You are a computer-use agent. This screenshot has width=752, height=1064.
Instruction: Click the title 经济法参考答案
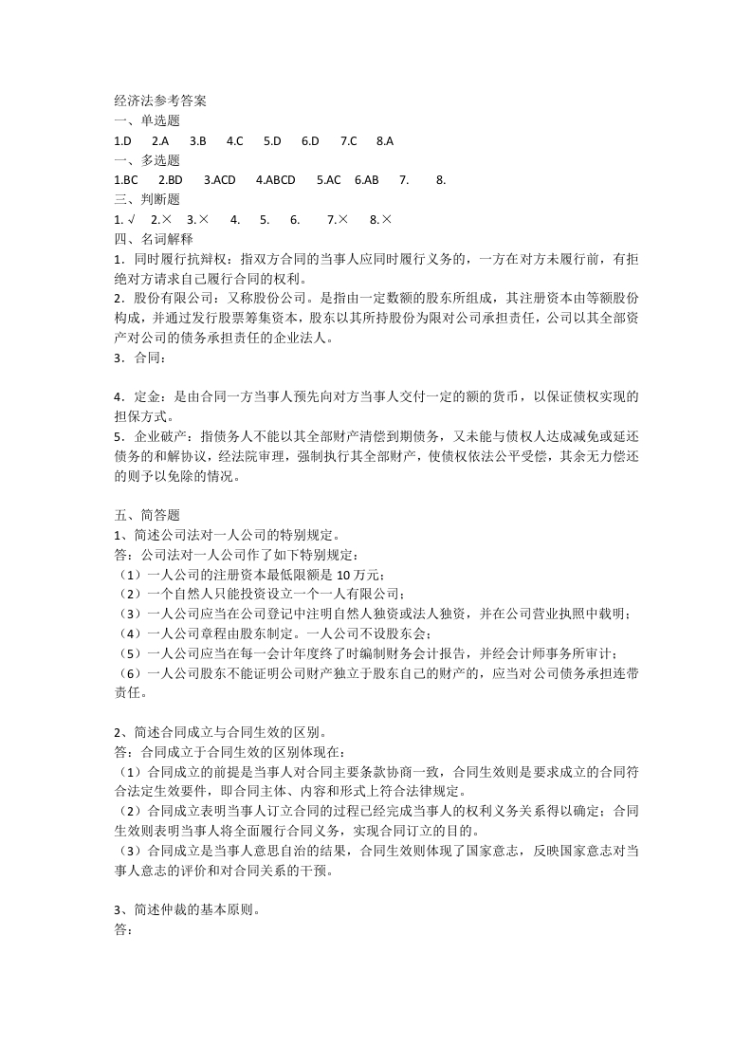coord(159,101)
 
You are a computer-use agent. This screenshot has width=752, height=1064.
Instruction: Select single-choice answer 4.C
coord(235,140)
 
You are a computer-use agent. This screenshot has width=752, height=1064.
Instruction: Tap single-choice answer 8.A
coord(384,140)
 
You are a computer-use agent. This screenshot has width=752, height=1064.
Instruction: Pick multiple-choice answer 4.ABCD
coord(276,179)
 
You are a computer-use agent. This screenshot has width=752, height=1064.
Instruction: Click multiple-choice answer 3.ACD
coord(219,179)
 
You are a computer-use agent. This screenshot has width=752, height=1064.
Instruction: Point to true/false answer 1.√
coord(122,219)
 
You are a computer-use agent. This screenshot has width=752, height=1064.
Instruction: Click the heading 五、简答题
coord(146,515)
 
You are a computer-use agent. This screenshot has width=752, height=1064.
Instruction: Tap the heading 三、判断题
coord(146,199)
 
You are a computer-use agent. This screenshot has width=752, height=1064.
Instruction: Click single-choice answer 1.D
coord(122,140)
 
